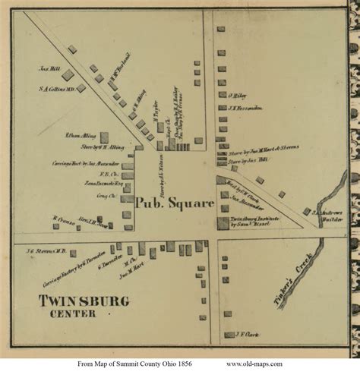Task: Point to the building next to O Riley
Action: point(222,96)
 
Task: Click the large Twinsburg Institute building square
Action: point(223,223)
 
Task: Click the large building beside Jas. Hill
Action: point(68,74)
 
